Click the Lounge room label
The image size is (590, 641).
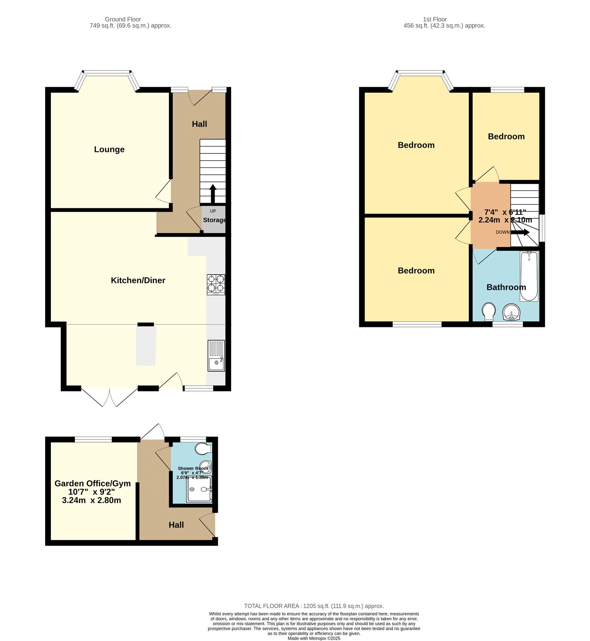[109, 149]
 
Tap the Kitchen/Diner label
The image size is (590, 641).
[138, 280]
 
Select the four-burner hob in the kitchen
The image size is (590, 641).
[216, 284]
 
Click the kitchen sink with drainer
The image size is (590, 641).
[216, 355]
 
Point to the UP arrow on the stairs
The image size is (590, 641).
[213, 194]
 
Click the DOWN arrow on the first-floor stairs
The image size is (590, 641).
[520, 232]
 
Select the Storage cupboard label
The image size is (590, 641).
[214, 220]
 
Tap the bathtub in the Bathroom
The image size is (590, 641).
[529, 276]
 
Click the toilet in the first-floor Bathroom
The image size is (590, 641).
[488, 311]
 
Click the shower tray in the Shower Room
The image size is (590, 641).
[199, 489]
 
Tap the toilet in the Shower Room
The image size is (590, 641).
[203, 449]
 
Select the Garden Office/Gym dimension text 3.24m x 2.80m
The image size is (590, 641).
[92, 500]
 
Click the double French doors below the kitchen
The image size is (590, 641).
[109, 397]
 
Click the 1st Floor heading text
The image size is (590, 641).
[435, 19]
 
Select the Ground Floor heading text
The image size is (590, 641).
[123, 19]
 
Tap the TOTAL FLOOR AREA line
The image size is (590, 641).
[314, 606]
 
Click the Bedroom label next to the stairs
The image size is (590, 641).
[506, 137]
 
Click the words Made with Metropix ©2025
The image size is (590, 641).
[314, 638]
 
